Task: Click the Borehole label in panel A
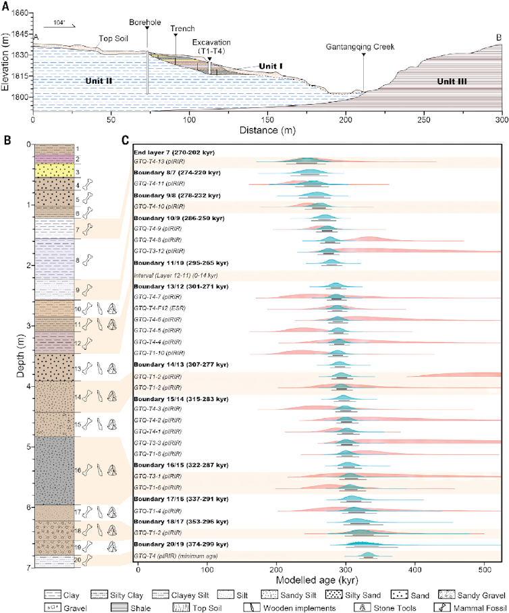click(x=146, y=22)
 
